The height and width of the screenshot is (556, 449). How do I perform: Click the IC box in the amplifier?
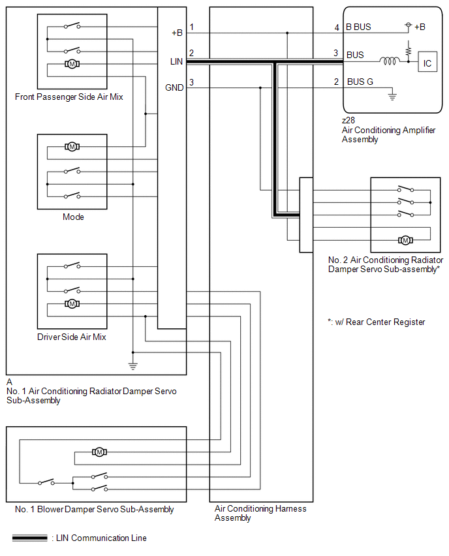click(427, 62)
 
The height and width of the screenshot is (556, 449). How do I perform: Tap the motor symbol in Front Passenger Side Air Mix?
click(72, 64)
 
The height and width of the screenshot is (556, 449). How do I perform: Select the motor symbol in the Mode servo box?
click(72, 146)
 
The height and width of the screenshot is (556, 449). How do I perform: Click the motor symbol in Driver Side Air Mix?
click(72, 304)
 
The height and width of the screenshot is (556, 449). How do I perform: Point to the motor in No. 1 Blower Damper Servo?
click(99, 452)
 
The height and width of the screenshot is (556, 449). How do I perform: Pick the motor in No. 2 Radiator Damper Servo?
click(405, 240)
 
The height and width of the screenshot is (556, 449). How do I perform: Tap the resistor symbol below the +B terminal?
click(409, 48)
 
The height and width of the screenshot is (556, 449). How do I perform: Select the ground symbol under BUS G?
click(392, 95)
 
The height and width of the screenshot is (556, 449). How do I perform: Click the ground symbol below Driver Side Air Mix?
click(133, 367)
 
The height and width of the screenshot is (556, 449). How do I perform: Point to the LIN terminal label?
click(176, 62)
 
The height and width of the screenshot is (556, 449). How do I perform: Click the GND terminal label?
click(174, 87)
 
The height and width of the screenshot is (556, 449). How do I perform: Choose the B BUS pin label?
click(358, 27)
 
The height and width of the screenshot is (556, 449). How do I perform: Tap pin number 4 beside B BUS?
click(337, 27)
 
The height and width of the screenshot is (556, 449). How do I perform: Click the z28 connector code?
click(348, 120)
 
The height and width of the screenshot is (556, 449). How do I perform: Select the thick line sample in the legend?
click(30, 538)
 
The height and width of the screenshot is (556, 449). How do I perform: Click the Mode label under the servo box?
click(73, 217)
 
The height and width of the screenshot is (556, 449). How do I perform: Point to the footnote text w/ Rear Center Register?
click(380, 322)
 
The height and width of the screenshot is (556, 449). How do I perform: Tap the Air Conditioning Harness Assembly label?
click(260, 513)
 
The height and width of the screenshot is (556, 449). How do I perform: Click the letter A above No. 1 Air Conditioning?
click(9, 382)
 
